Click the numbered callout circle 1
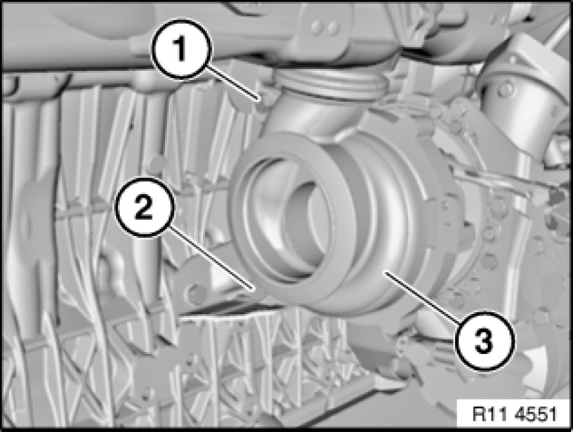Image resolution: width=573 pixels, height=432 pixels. click(x=181, y=49)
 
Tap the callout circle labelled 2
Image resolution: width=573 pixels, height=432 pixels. click(x=144, y=208)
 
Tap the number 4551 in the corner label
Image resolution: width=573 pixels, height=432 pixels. click(x=536, y=415)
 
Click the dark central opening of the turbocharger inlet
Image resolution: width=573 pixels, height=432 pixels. click(x=292, y=227)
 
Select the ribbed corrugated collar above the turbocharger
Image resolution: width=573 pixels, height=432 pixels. click(x=331, y=84)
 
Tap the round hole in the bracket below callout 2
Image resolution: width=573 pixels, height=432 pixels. click(x=196, y=292)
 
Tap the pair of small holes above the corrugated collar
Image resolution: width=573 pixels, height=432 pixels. click(x=326, y=27)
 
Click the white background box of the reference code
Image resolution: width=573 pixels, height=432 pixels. click(x=514, y=414)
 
